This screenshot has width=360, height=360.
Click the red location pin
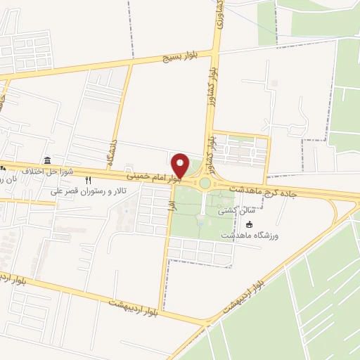click(x=181, y=165)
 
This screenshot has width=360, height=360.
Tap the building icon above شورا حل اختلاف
click(x=47, y=160)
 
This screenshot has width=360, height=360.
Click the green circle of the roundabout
click(x=205, y=183)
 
